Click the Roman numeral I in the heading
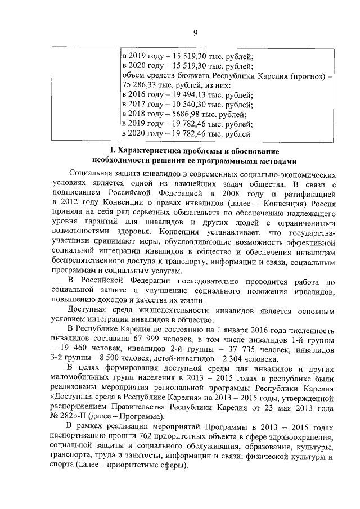[x=111, y=152]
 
